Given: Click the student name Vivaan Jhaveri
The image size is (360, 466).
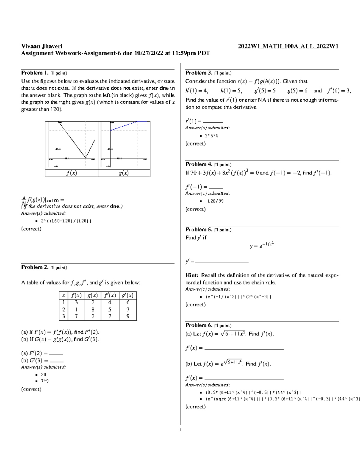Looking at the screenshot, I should click(x=42, y=46).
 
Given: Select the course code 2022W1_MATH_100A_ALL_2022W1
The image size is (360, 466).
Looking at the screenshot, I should click(x=288, y=46).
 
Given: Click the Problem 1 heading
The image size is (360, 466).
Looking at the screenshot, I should click(x=34, y=73).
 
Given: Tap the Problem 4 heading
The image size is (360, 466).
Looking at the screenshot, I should click(x=199, y=164).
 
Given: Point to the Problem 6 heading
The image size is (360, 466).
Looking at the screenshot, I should click(x=199, y=325).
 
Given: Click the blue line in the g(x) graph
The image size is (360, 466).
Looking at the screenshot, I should click(x=124, y=126).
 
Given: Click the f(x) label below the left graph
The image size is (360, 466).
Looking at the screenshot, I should click(x=72, y=173).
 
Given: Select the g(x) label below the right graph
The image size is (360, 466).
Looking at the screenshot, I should click(x=124, y=173).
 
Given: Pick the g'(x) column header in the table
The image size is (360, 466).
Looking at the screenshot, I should click(x=128, y=295).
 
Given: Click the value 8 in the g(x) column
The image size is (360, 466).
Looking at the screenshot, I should click(x=93, y=309).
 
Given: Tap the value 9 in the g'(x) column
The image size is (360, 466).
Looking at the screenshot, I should click(x=128, y=316).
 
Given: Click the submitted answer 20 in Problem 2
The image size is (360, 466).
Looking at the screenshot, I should click(x=43, y=374).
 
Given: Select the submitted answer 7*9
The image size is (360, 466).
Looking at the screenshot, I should click(x=45, y=381).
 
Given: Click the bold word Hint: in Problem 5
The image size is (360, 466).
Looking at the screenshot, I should click(x=192, y=275).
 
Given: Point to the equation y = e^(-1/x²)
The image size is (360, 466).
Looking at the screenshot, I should click(x=262, y=245).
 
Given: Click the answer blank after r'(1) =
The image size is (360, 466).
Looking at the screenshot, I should click(x=213, y=122).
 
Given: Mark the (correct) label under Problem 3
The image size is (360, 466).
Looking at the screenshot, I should click(x=196, y=144).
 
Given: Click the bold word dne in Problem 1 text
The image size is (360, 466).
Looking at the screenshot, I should click(x=164, y=88).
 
